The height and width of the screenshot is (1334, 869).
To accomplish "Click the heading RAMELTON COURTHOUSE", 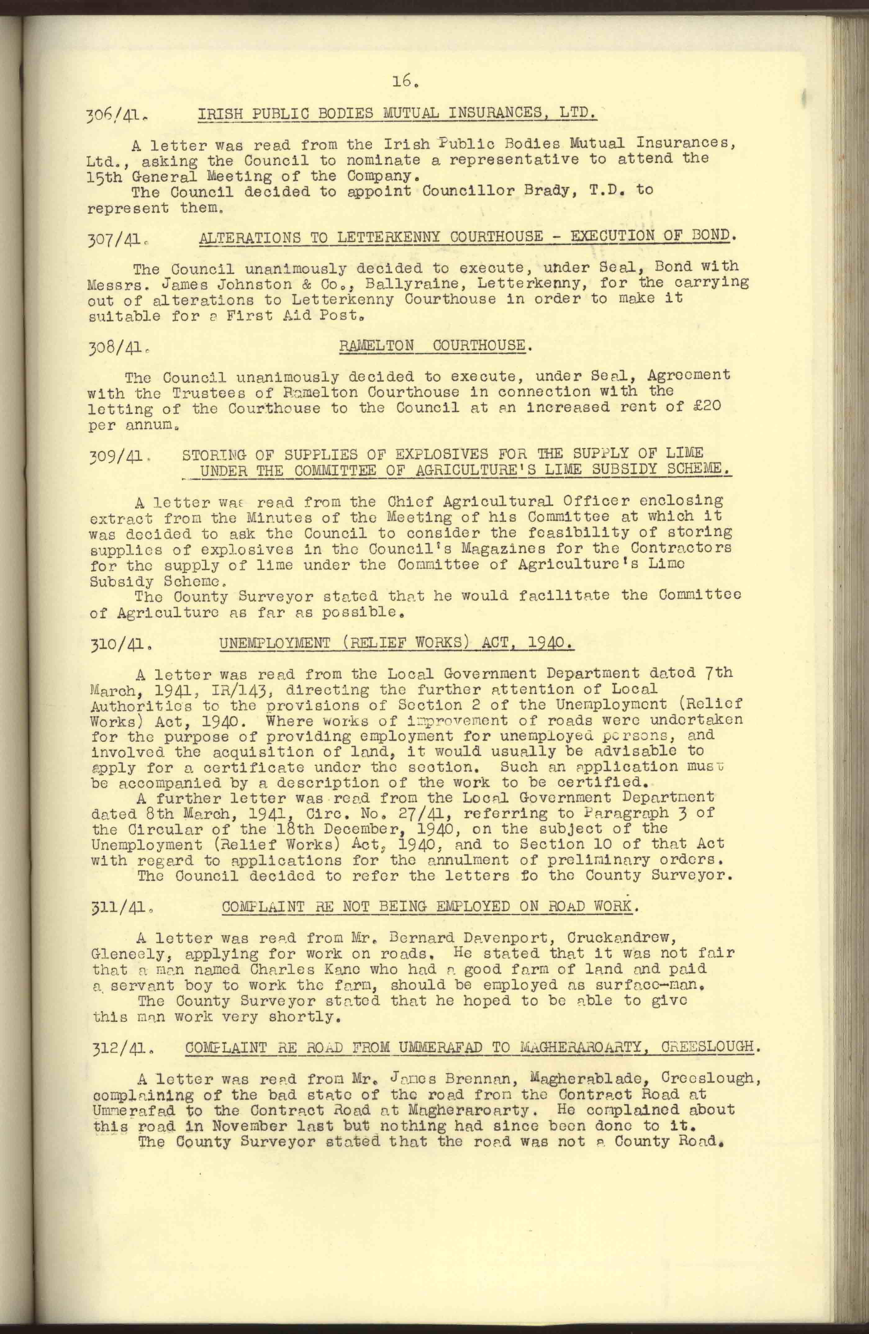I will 433,345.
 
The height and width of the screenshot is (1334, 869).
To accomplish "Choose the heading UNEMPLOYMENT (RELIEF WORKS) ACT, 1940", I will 396,643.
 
